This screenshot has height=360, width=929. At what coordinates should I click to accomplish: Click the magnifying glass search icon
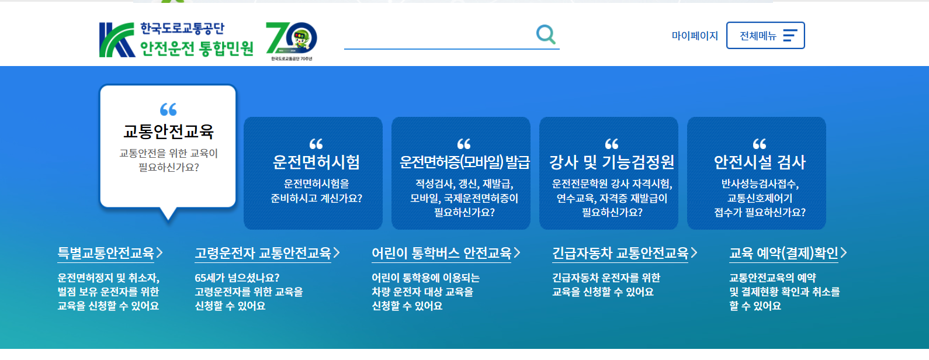pyautogui.click(x=546, y=34)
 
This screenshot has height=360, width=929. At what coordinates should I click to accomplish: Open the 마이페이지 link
pyautogui.click(x=695, y=36)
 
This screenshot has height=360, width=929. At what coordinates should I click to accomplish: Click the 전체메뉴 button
pyautogui.click(x=765, y=36)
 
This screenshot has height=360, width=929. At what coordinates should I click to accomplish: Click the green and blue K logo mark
pyautogui.click(x=116, y=40)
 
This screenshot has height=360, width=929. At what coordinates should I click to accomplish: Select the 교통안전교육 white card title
pyautogui.click(x=168, y=131)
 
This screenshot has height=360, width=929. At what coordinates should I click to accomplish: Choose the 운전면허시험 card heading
pyautogui.click(x=316, y=162)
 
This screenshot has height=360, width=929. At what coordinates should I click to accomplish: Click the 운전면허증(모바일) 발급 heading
pyautogui.click(x=464, y=162)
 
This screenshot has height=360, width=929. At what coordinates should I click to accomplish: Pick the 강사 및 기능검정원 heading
pyautogui.click(x=612, y=162)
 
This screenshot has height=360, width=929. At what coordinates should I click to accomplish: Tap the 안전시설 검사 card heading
pyautogui.click(x=760, y=162)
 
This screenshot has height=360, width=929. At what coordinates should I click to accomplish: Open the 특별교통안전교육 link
pyautogui.click(x=106, y=253)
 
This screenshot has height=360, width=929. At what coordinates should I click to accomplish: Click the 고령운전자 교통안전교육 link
pyautogui.click(x=263, y=253)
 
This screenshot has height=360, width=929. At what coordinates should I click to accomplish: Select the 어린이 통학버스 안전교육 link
pyautogui.click(x=442, y=253)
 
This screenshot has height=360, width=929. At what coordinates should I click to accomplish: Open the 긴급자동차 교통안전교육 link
pyautogui.click(x=621, y=253)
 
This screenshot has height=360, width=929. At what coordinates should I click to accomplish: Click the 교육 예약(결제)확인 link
pyautogui.click(x=784, y=253)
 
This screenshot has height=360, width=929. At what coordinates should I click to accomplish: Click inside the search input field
pyautogui.click(x=438, y=36)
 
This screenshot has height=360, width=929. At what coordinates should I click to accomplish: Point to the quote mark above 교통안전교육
pyautogui.click(x=168, y=109)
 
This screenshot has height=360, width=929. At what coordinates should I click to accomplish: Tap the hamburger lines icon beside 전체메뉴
pyautogui.click(x=790, y=36)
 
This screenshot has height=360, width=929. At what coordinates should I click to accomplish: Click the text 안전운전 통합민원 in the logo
pyautogui.click(x=197, y=48)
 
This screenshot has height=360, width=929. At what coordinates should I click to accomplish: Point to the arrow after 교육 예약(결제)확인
pyautogui.click(x=843, y=253)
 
